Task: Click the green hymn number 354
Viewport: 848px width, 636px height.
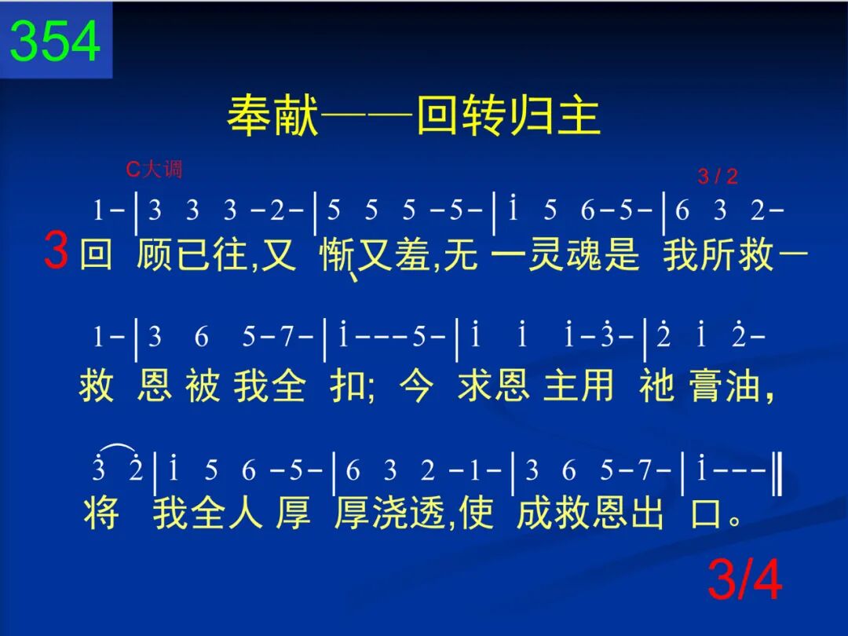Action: (55, 41)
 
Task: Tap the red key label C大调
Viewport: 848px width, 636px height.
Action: (154, 170)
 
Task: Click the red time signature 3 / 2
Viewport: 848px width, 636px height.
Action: (718, 177)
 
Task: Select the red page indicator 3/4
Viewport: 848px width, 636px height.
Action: (744, 579)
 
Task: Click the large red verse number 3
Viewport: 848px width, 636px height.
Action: (57, 250)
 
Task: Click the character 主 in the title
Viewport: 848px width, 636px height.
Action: (579, 115)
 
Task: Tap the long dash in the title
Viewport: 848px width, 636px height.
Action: (367, 115)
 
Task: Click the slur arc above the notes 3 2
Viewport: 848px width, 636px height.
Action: (117, 447)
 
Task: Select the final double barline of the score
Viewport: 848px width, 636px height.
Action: (777, 474)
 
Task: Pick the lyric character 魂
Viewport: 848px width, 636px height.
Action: (584, 254)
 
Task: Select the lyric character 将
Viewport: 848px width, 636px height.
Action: (101, 513)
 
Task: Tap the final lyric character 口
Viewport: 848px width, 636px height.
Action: (707, 513)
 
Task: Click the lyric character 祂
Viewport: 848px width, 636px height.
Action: (656, 385)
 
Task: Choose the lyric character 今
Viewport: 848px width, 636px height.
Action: (416, 385)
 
